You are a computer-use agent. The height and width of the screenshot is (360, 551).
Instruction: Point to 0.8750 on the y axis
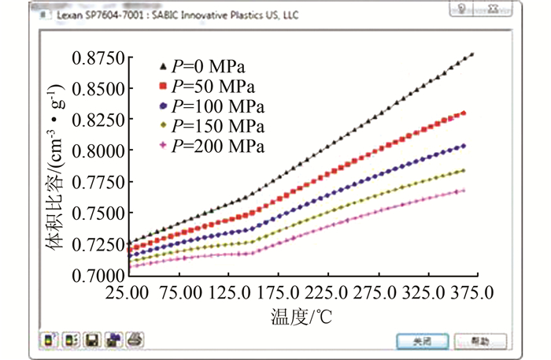coord(98,59)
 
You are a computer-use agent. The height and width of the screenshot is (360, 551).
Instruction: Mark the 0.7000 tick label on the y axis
coord(98,276)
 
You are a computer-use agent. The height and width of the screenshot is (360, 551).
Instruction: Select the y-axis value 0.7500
coord(98,213)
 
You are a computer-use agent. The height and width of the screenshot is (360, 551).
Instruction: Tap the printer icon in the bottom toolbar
coord(135,340)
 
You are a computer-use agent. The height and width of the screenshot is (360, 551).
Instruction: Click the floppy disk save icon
coord(91,340)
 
